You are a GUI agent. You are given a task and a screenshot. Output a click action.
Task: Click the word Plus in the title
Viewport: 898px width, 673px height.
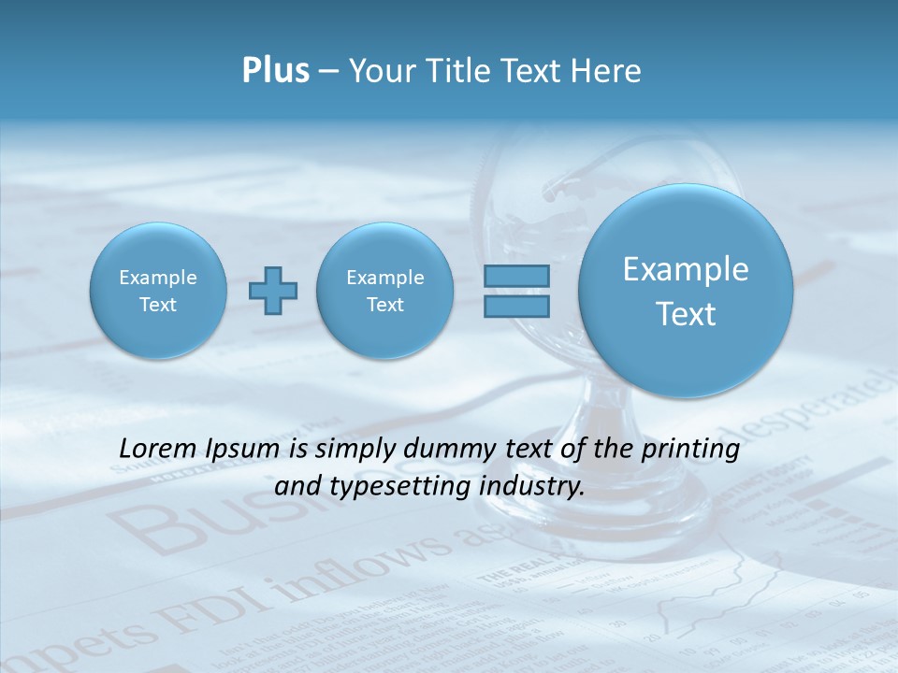click(x=275, y=71)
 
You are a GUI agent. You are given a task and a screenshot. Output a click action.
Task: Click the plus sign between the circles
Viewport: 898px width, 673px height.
click(x=273, y=291)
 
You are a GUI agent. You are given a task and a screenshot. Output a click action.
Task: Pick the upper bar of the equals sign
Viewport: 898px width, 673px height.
click(x=515, y=276)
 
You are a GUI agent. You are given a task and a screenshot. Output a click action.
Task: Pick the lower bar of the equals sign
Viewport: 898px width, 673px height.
click(x=515, y=306)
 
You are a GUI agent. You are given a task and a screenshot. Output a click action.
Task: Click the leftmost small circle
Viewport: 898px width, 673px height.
click(x=158, y=291)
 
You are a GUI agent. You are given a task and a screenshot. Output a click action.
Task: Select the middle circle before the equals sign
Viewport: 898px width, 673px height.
click(x=384, y=291)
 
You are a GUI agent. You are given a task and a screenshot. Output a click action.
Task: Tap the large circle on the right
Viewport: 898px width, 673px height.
click(x=686, y=291)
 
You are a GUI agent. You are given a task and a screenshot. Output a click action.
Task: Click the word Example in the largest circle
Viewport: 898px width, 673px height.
click(x=686, y=269)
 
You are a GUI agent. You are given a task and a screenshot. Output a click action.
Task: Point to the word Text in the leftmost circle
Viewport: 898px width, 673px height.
click(x=158, y=305)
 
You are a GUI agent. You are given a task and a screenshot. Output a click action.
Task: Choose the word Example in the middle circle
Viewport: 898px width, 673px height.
click(x=384, y=278)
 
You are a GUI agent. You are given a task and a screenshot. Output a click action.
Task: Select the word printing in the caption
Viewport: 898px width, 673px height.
click(x=694, y=450)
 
